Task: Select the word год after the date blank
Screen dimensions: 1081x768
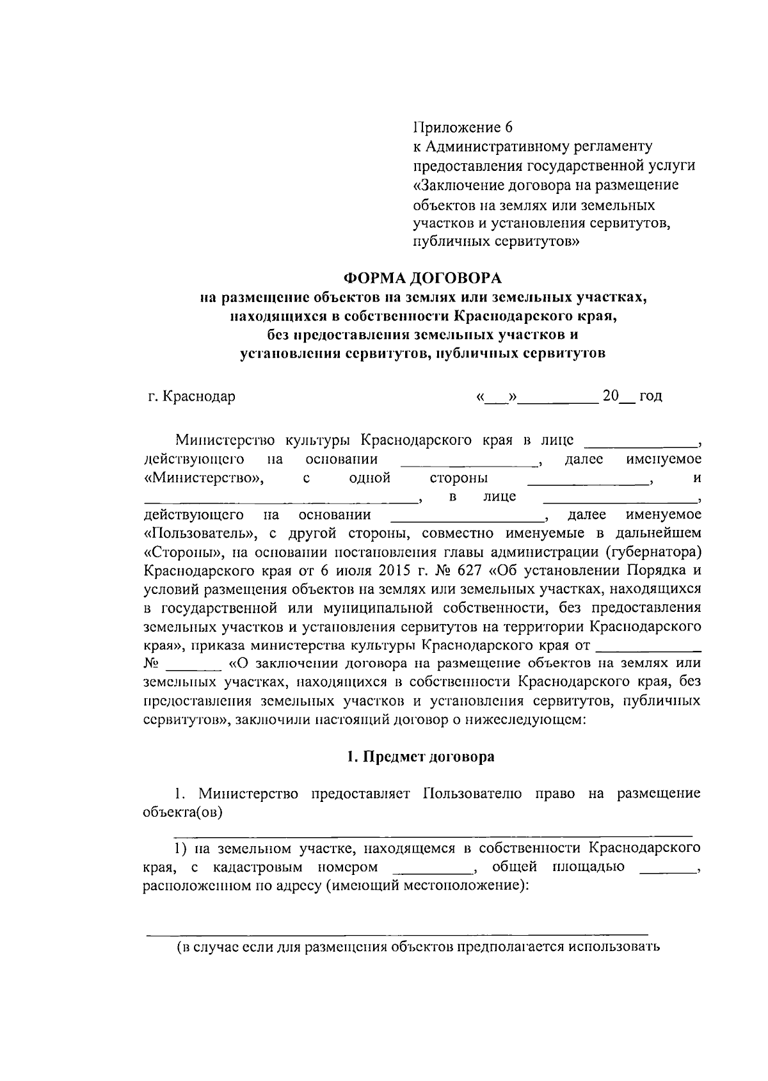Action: (650, 396)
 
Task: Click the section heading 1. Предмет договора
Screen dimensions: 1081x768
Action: (420, 757)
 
